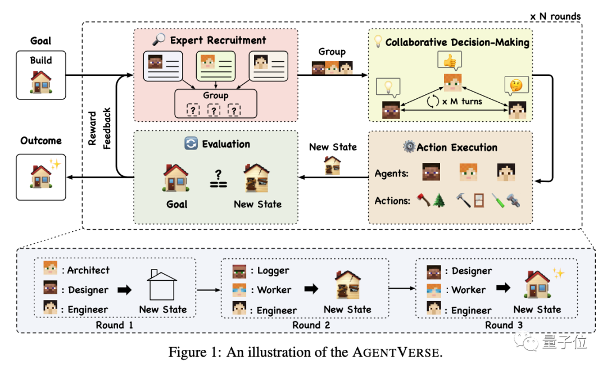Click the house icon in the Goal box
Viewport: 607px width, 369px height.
(x=41, y=82)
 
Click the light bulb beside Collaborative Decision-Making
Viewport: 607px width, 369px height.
(x=378, y=41)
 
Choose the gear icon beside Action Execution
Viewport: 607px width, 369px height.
(x=409, y=147)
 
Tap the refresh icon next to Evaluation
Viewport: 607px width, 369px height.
(x=191, y=144)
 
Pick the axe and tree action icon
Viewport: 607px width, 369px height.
(x=430, y=201)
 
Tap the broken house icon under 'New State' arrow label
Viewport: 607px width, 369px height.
(x=333, y=165)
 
